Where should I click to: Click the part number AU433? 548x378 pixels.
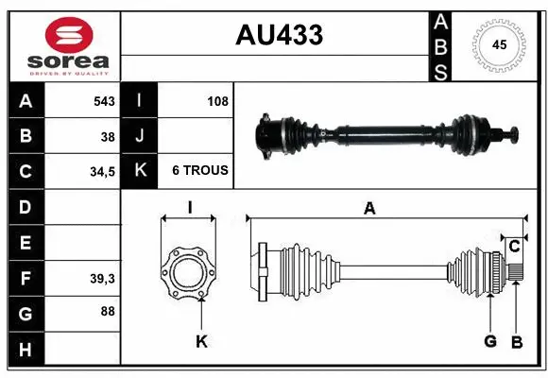[x=279, y=35]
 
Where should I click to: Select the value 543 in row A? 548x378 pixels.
[x=104, y=101]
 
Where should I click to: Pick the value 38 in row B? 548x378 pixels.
[x=108, y=136]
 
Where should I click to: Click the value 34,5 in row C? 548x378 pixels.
[x=102, y=171]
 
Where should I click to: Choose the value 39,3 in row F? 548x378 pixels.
[x=102, y=278]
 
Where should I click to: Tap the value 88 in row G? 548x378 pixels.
[x=108, y=310]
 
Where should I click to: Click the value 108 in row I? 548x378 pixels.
[x=217, y=101]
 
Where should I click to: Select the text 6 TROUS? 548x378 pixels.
[x=199, y=171]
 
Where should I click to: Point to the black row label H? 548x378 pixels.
[x=25, y=350]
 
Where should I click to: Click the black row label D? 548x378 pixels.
[x=25, y=206]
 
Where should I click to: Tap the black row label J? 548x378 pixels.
[x=140, y=136]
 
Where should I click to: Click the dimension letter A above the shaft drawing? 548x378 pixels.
[x=369, y=209]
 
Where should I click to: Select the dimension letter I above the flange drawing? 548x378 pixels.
[x=189, y=208]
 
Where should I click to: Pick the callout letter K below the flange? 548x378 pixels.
[x=201, y=341]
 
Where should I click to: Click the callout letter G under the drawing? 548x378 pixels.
[x=490, y=341]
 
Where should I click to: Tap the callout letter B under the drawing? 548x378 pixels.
[x=516, y=341]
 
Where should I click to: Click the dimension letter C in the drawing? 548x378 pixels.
[x=514, y=248]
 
